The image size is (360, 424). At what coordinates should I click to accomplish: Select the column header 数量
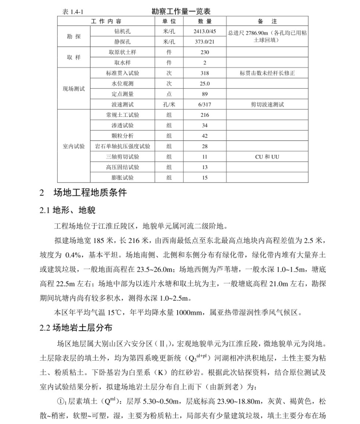tap(205, 21)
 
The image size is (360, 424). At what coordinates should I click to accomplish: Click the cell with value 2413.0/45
tap(205, 31)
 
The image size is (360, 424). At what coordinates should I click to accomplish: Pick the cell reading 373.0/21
tap(205, 42)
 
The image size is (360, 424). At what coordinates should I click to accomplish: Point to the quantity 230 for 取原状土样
tap(205, 52)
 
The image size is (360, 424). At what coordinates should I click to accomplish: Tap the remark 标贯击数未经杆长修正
tap(267, 73)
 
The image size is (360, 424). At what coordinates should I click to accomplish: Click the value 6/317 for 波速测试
tap(205, 104)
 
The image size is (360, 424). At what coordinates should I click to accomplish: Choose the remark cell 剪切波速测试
tap(267, 104)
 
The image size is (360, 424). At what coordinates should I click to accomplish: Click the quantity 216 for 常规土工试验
tap(205, 115)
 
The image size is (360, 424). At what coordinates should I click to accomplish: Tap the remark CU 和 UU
tap(267, 157)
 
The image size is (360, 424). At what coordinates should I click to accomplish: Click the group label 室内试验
tap(74, 146)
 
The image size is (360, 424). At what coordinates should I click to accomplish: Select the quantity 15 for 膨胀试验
tap(205, 178)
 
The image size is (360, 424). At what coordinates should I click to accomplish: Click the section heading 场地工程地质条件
tap(90, 193)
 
